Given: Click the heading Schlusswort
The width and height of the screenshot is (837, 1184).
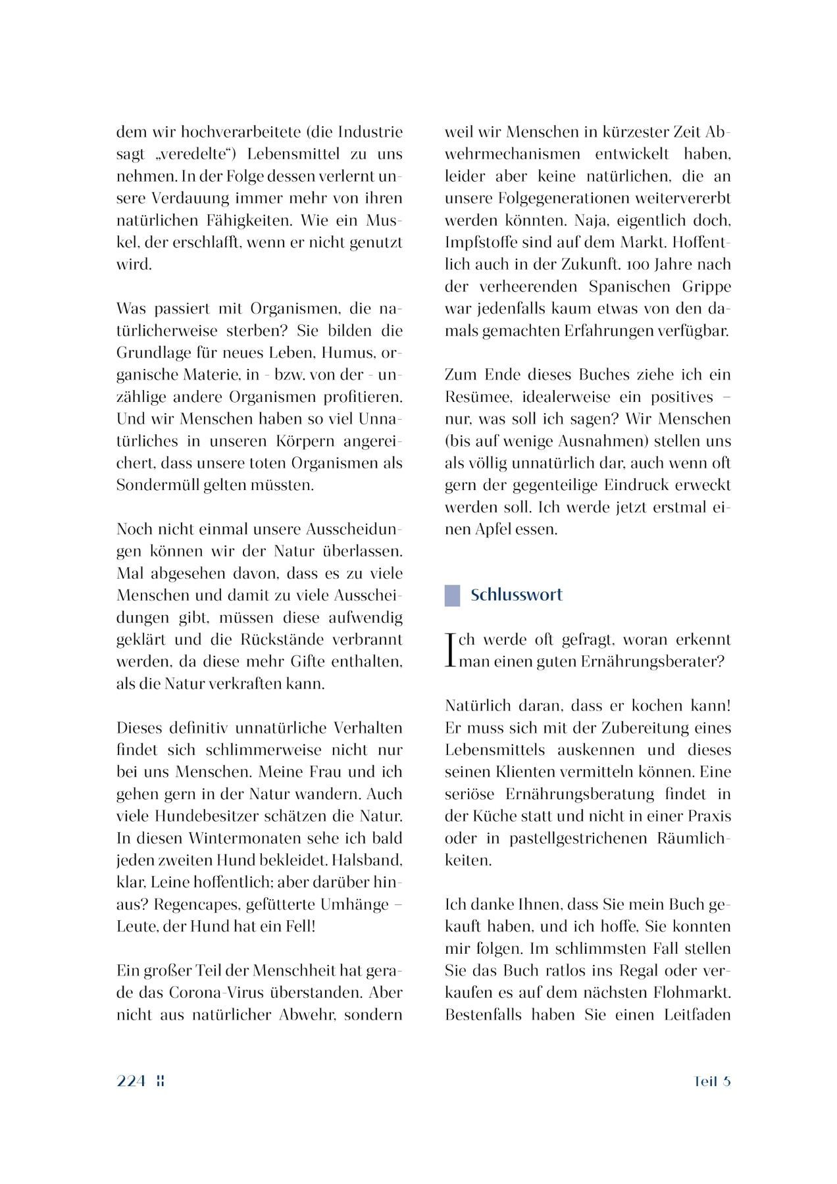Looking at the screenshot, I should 517,595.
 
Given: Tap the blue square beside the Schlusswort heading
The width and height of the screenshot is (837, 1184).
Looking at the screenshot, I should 452,595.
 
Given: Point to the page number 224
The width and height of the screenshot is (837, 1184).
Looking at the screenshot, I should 131,1081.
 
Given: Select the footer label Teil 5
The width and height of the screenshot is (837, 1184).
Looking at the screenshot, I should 712,1081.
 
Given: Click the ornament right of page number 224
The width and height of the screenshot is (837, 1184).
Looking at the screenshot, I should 160,1081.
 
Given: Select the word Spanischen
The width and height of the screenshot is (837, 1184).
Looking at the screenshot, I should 630,287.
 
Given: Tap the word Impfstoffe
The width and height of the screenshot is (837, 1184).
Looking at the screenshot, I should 480,243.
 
